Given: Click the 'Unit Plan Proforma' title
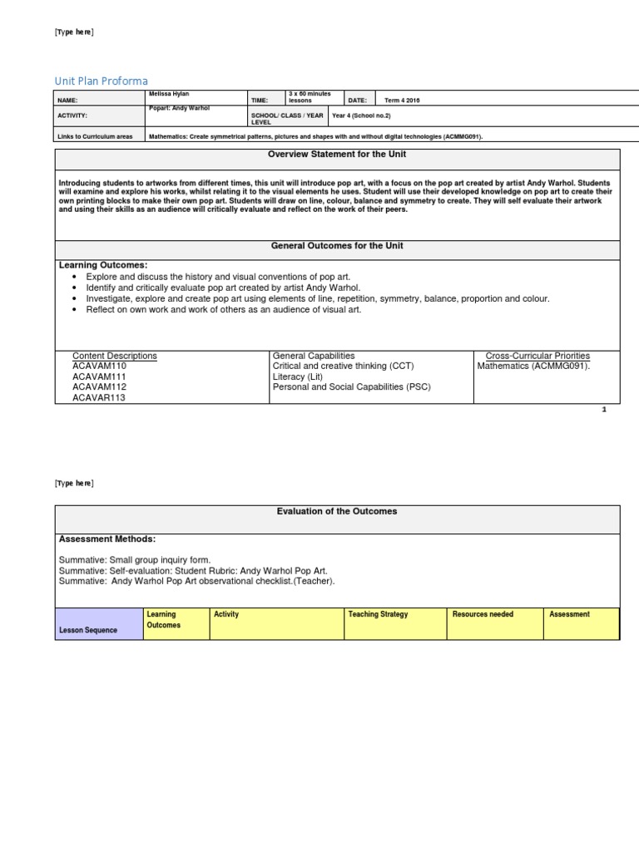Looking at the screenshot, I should point(102,81).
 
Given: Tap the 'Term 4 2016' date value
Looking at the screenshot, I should point(403,100).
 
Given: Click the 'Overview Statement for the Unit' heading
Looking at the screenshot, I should point(337,155).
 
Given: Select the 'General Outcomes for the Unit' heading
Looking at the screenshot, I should point(337,246).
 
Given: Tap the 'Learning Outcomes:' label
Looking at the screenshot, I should point(103,264).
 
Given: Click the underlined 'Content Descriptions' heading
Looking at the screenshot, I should point(115,356).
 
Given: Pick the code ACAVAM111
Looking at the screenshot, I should point(99,376).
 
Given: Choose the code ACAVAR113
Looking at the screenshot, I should point(99,397).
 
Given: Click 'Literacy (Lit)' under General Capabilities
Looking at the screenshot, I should point(298,376).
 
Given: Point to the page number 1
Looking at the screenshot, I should point(604,411).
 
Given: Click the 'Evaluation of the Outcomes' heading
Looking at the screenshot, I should point(337,511).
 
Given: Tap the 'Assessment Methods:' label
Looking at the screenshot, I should point(107,539).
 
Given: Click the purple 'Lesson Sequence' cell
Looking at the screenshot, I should point(88,630).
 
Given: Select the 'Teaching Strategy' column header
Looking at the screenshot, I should point(379,614).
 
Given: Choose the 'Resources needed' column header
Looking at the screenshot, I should point(483,614).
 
